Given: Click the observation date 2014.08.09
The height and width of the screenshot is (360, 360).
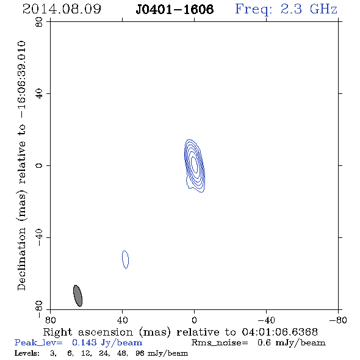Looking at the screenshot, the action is tap(62, 9).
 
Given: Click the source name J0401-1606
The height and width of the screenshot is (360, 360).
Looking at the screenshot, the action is tap(175, 9).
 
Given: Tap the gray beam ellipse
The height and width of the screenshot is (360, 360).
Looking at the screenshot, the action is tap(78, 296).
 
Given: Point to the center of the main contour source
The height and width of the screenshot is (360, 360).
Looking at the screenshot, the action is tap(195, 165).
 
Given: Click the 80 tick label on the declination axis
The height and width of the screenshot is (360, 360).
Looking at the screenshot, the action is tap(39, 22).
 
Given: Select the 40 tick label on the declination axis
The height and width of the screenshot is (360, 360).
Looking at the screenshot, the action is tap(39, 94).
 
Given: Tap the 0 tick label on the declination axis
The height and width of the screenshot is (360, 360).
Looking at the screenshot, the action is tap(39, 165).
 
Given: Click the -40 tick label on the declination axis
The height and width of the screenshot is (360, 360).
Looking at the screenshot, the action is tap(39, 237).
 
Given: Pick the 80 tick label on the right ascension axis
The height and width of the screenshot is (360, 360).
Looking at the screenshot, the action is tap(50, 320).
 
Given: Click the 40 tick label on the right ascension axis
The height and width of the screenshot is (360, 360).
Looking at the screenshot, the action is tap(123, 320).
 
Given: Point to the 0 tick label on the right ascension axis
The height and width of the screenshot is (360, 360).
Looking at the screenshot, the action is tap(195, 320).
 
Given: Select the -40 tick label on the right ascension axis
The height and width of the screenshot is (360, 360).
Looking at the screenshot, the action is tap(266, 320).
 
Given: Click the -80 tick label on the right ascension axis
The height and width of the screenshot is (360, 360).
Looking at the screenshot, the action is tap(338, 320).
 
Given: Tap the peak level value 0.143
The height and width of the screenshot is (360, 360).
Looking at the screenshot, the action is tap(84, 342).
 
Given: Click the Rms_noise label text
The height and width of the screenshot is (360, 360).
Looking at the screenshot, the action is tap(220, 343).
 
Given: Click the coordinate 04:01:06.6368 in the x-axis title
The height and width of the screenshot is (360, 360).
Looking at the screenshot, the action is tap(279, 332).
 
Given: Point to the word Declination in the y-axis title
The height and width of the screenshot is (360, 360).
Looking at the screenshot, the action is tap(21, 259).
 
